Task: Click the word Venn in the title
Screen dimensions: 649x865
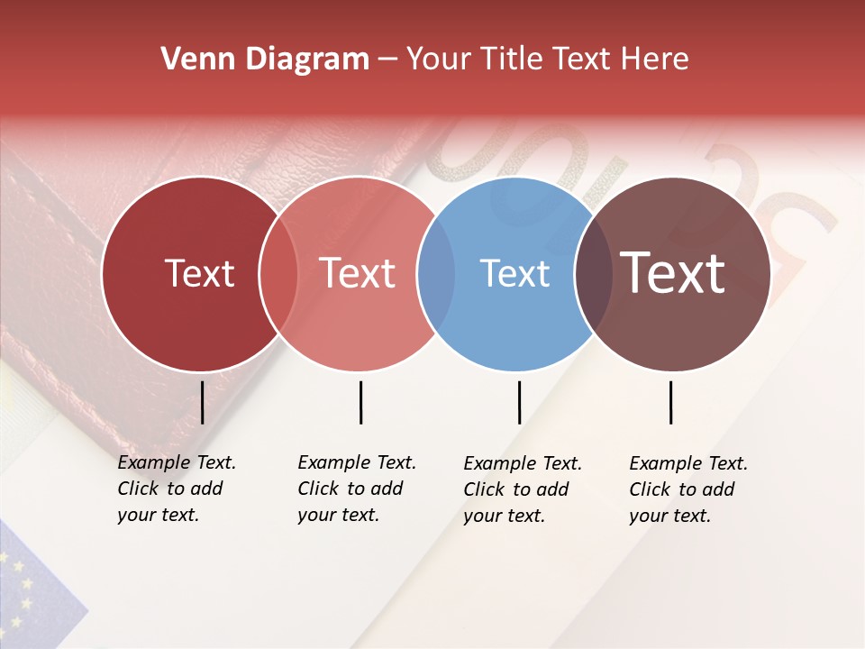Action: tap(190, 59)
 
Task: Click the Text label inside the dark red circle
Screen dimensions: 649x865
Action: tap(199, 273)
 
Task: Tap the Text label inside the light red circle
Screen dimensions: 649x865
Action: tap(358, 273)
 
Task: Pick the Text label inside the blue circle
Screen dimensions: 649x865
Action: tap(515, 273)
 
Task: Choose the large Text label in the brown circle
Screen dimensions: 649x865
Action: tap(673, 273)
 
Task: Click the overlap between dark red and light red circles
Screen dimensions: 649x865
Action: tap(278, 273)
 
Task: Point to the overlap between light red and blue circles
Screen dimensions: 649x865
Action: tap(436, 273)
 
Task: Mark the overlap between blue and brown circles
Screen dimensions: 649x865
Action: tap(593, 273)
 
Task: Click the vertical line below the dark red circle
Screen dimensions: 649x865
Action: tap(202, 402)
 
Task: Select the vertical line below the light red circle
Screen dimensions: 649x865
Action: tap(360, 402)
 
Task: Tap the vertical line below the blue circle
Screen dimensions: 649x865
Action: tap(519, 402)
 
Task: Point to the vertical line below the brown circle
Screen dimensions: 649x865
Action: tap(670, 402)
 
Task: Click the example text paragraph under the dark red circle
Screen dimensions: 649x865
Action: tap(176, 489)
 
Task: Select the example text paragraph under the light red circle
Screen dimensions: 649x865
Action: tap(356, 489)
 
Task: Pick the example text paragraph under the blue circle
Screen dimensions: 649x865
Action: tap(522, 489)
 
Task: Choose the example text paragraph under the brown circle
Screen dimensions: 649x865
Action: tap(687, 489)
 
